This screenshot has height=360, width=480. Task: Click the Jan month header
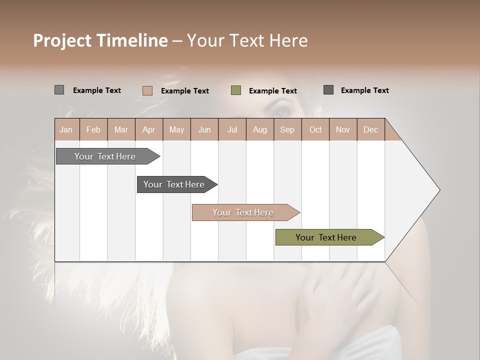point(66,129)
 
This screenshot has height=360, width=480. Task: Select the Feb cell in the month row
point(93,129)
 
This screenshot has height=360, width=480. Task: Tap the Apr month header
point(149,129)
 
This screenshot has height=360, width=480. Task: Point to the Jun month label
point(204,129)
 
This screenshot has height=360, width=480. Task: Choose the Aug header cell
point(260,129)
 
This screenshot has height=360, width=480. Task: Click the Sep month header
point(287,129)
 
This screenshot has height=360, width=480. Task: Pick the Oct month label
point(315,129)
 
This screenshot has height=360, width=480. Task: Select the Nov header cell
point(343,129)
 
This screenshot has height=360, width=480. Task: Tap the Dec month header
point(371,129)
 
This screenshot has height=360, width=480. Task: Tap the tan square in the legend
point(147,90)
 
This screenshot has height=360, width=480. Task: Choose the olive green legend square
point(236,90)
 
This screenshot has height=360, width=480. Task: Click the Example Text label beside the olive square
point(273,91)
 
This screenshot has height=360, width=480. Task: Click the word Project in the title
point(62,40)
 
